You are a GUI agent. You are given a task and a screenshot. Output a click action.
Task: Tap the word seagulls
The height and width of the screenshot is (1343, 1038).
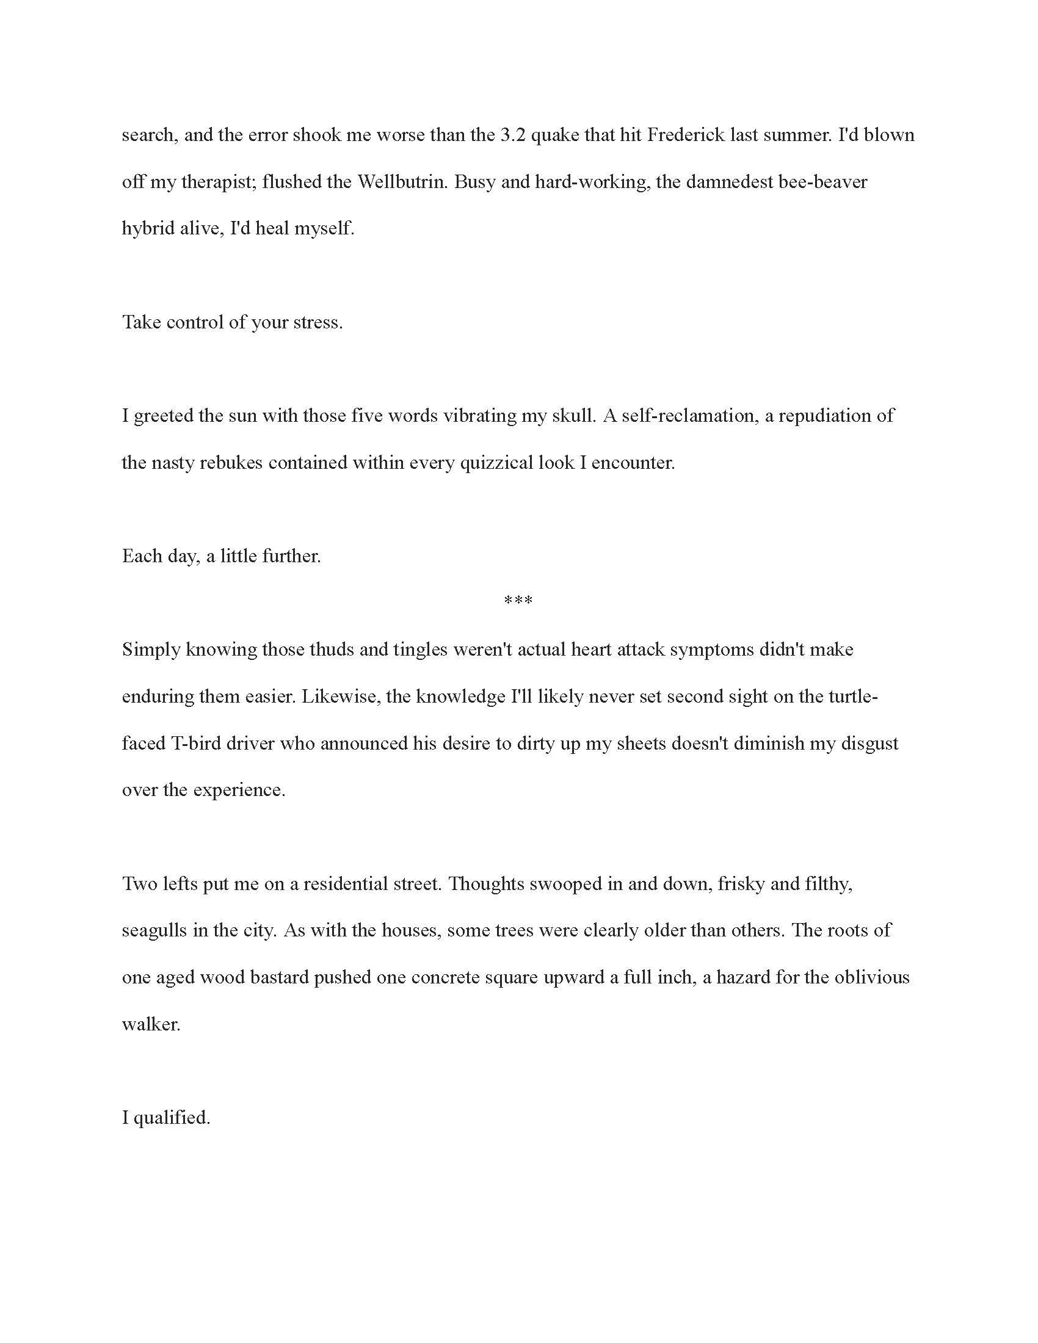click(x=154, y=930)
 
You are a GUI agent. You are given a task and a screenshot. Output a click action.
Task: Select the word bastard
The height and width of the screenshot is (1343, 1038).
click(x=280, y=978)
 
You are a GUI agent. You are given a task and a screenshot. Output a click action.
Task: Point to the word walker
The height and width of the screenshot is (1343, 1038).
click(x=151, y=1024)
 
